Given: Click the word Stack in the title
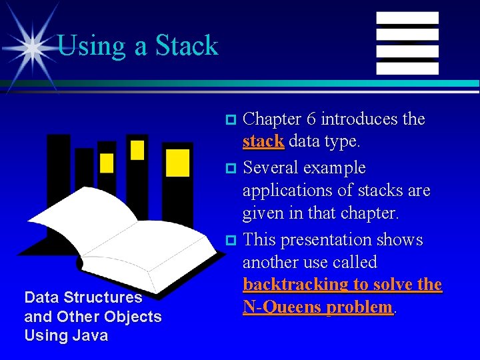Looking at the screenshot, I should pyautogui.click(x=187, y=45).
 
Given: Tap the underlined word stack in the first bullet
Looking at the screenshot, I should pyautogui.click(x=263, y=141).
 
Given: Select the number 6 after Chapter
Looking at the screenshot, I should pyautogui.click(x=311, y=119).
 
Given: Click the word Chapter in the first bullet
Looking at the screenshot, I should pyautogui.click(x=272, y=119).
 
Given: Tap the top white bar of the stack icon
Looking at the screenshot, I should pyautogui.click(x=407, y=18).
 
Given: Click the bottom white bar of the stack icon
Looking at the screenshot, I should pyautogui.click(x=407, y=68).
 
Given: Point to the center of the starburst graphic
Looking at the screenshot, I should pyautogui.click(x=30, y=47).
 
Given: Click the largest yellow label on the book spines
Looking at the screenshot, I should pyautogui.click(x=177, y=163).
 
